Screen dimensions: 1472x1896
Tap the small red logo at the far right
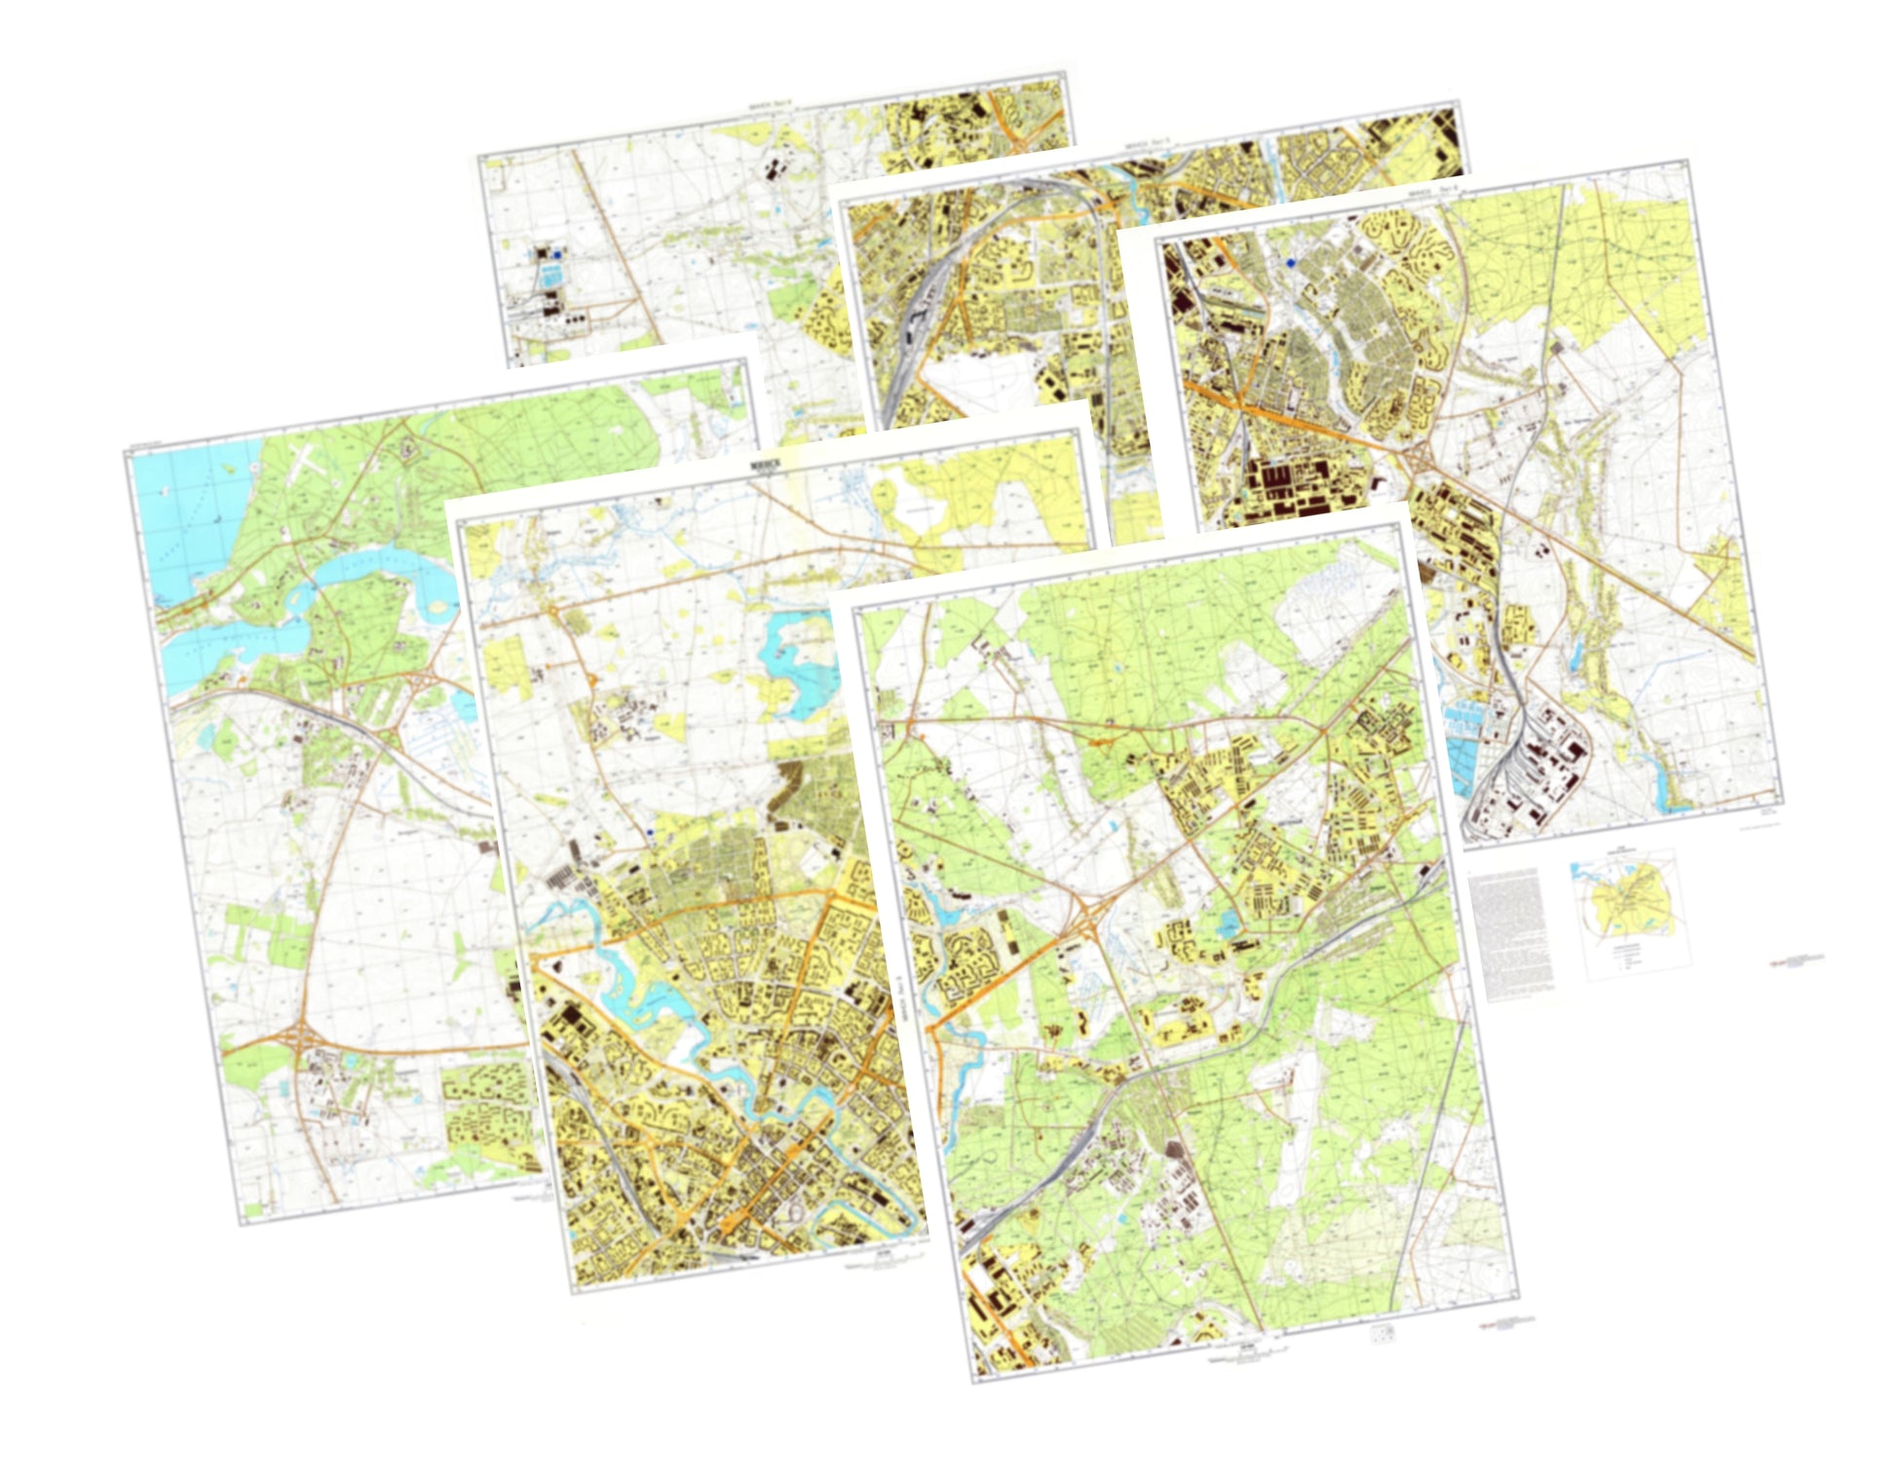(1795, 962)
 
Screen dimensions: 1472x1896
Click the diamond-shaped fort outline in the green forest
(410, 449)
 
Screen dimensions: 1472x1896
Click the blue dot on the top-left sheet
(556, 254)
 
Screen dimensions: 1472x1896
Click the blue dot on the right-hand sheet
(1292, 262)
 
